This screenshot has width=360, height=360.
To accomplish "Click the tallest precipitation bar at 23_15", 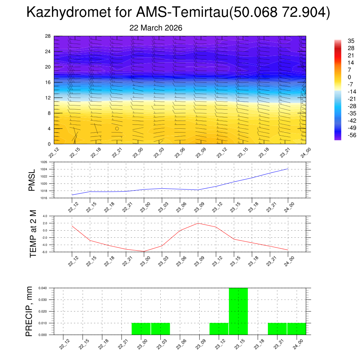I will click(x=238, y=311).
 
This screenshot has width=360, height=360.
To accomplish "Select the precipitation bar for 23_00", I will click(x=141, y=329).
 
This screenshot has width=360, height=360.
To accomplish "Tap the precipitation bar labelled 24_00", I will click(x=296, y=329).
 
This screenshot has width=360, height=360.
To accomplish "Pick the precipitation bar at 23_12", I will click(x=219, y=329).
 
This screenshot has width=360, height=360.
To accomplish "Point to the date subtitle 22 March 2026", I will click(x=156, y=28).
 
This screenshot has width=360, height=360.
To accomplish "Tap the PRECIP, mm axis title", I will click(x=29, y=311).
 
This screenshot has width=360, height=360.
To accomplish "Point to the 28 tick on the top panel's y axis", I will click(x=48, y=36).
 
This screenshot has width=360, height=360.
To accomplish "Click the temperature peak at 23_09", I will click(x=198, y=223).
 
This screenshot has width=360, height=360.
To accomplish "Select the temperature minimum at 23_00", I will click(x=144, y=251).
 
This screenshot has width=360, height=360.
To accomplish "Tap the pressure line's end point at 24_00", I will click(x=288, y=169).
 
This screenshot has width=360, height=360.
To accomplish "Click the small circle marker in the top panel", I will click(x=117, y=128).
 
